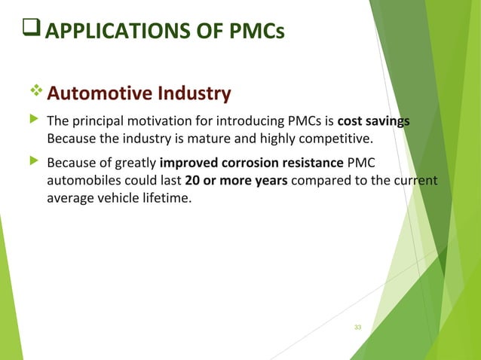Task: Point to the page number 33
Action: click(x=357, y=327)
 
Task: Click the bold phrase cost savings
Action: click(x=374, y=122)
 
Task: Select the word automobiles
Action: click(x=81, y=181)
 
